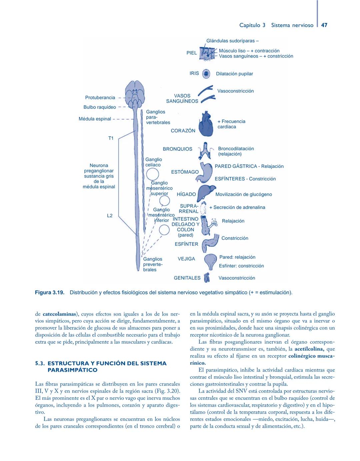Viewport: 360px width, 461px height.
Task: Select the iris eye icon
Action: click(207, 74)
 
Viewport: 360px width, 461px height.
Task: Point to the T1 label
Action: click(111, 138)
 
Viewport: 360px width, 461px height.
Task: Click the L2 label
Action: click(110, 216)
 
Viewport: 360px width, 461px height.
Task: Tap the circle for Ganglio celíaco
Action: click(152, 174)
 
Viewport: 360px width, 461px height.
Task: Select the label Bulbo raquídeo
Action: click(100, 107)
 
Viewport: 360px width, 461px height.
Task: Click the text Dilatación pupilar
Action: click(234, 74)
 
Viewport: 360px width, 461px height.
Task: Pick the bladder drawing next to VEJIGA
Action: click(210, 261)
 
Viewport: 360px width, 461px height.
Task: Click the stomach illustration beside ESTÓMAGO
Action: click(206, 172)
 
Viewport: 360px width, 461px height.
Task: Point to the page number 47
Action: click(324, 25)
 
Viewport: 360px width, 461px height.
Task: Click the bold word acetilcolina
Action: click(309, 349)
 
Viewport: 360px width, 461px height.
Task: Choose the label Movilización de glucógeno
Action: click(244, 194)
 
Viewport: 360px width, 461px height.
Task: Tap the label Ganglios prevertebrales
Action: click(153, 264)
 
